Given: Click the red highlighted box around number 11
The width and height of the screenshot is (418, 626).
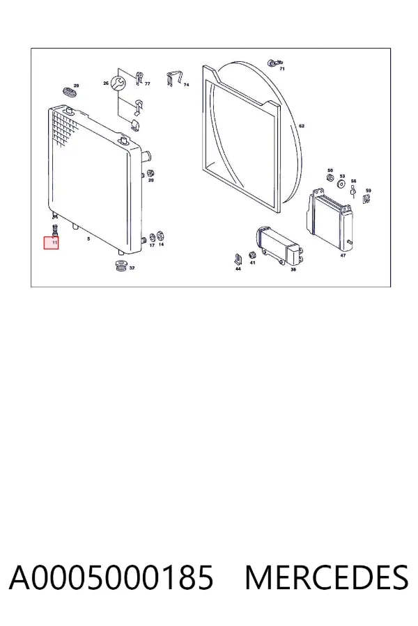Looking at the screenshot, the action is pos(51,243).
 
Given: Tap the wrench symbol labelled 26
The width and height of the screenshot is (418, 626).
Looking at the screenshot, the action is pos(118,83).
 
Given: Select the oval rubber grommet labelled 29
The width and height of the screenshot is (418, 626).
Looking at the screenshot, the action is pos(71,90).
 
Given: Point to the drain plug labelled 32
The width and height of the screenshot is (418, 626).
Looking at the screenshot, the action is pos(120,266).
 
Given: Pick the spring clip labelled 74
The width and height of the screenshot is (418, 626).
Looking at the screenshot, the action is pos(173,79).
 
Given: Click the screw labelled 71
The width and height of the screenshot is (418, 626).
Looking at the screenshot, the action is pos(274,63).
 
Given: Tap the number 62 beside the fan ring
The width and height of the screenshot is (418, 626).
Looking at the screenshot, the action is pos(302,126).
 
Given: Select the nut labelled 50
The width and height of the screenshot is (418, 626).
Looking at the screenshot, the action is pos(330,177).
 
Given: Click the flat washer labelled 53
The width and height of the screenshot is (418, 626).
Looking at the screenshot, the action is pos(342,184).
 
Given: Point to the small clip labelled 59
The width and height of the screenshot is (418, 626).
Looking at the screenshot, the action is pos(366,198).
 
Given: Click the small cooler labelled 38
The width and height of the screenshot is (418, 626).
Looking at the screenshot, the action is pos(279,246).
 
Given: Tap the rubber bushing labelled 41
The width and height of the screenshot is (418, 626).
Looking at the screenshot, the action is pos(252,255).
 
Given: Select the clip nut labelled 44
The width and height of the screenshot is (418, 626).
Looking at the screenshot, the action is pos(238,259).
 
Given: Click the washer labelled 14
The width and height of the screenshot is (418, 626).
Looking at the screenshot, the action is pos(161,236).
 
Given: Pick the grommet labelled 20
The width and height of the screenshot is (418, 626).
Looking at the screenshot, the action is pos(151,174).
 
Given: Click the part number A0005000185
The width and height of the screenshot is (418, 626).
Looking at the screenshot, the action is pos(111,577).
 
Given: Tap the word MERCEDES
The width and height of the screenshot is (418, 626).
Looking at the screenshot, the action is pos(327,577).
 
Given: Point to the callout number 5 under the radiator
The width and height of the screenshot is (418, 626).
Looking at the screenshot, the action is pos(88,239).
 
